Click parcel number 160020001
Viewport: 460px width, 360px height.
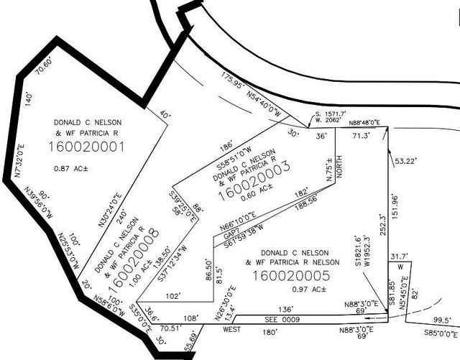(86, 147)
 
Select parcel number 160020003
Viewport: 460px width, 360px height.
(254, 181)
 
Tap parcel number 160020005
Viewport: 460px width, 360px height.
(291, 276)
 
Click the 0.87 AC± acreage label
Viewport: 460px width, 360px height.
(71, 169)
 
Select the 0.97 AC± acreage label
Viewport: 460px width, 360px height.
(309, 290)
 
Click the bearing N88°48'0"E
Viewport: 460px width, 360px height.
(364, 122)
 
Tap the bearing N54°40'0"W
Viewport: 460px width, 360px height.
(264, 104)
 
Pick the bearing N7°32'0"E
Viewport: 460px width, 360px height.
(19, 160)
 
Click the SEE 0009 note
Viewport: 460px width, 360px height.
(282, 320)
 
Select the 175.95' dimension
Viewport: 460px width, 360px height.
(233, 80)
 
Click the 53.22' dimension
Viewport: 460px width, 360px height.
(405, 161)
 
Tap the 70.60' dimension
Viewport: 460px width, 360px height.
(45, 66)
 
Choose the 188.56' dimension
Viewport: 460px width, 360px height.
(306, 203)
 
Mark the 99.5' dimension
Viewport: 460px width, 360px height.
(443, 320)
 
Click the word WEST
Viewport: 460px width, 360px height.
(231, 329)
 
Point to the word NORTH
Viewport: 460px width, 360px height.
(339, 167)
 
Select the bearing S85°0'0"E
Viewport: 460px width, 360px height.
(441, 333)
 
